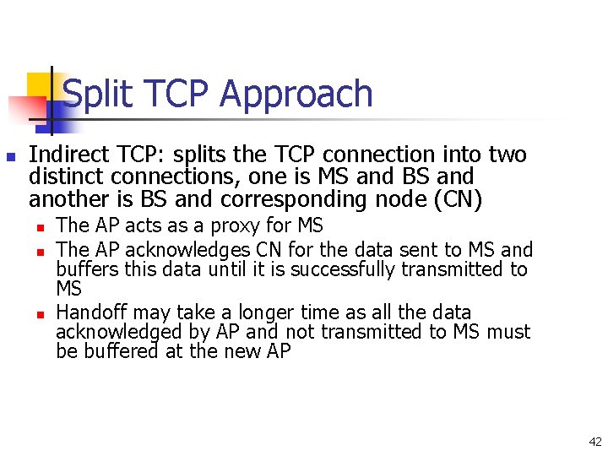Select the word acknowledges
186,250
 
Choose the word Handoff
94,312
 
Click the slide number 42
595,441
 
